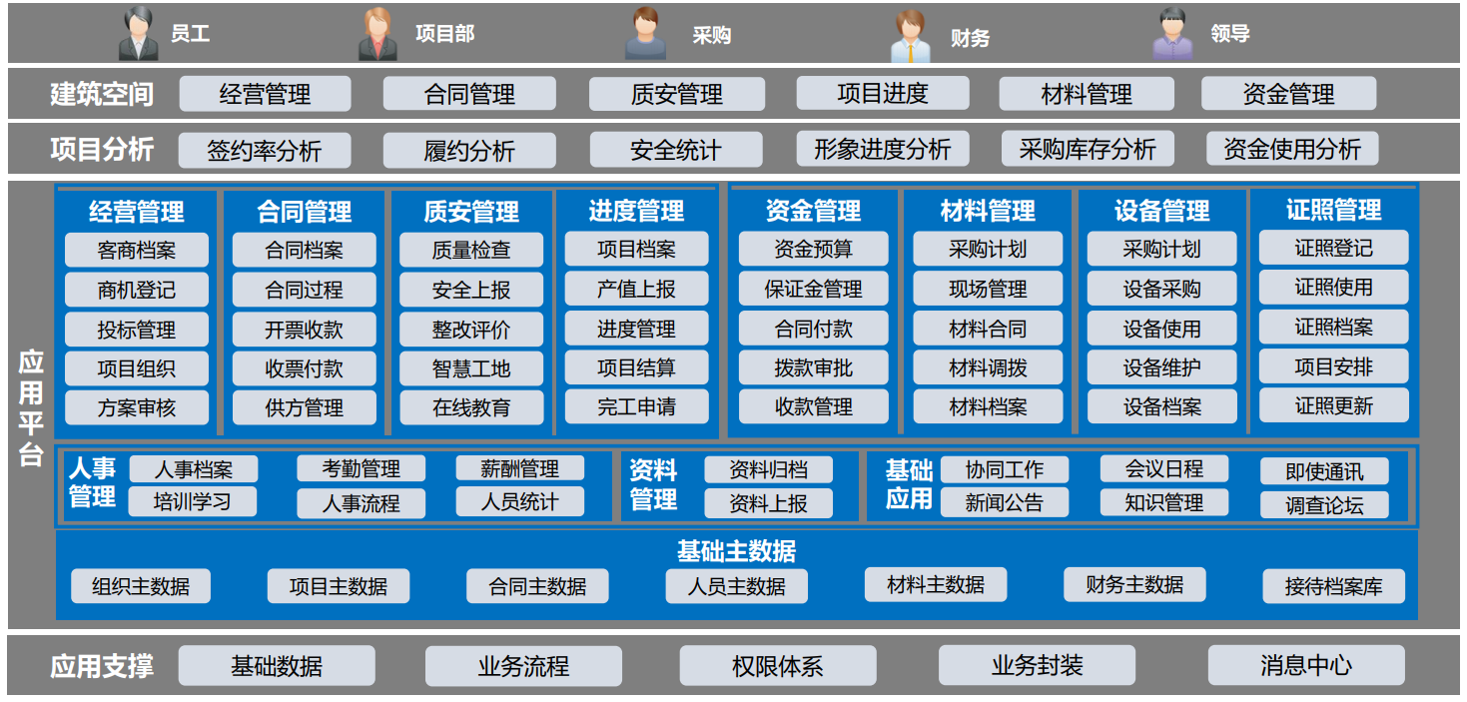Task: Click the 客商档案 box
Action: click(137, 250)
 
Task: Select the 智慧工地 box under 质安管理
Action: click(471, 368)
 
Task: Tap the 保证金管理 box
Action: click(813, 289)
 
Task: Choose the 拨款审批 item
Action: click(813, 367)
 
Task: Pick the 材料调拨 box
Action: click(988, 367)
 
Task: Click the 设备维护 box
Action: click(1161, 367)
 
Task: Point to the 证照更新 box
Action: click(1333, 405)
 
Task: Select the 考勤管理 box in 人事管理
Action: click(362, 468)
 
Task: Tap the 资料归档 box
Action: click(768, 469)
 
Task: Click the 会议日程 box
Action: click(1163, 468)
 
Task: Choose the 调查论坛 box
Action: click(1324, 505)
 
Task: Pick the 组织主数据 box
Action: click(141, 586)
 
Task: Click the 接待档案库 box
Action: click(1333, 586)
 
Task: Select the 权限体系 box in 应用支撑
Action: click(778, 666)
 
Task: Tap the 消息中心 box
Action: click(1306, 666)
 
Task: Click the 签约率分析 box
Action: click(265, 151)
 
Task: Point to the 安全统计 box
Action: click(676, 151)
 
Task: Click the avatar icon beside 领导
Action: click(1173, 34)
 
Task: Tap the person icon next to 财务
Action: click(911, 36)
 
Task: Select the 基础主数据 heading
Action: click(736, 550)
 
